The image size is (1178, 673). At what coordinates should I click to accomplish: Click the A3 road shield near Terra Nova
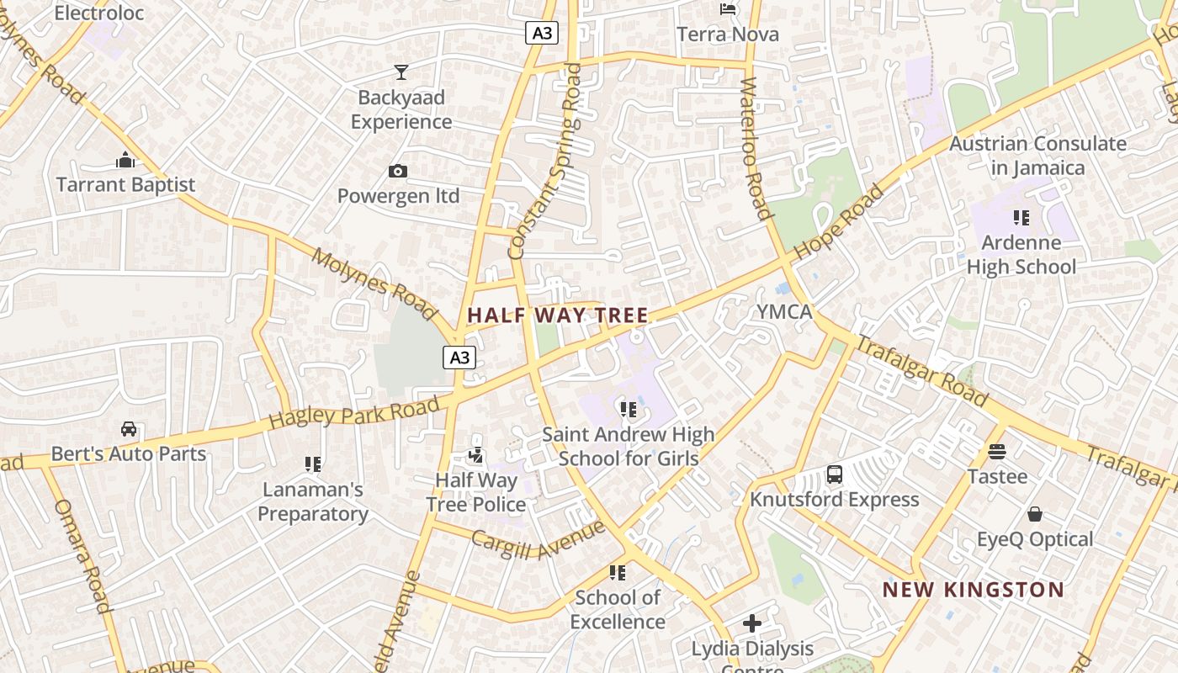(x=542, y=33)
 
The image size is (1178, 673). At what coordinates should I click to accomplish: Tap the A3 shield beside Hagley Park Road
(x=459, y=358)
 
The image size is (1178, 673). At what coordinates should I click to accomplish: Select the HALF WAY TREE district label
(x=558, y=315)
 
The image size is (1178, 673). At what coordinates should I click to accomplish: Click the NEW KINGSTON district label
(x=973, y=590)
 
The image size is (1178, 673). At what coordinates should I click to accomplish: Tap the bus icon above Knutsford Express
(x=835, y=474)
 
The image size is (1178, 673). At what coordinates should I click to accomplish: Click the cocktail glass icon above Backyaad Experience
(x=401, y=72)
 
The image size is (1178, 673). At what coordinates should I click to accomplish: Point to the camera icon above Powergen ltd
(x=398, y=172)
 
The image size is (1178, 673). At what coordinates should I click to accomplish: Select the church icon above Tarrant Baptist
(x=125, y=160)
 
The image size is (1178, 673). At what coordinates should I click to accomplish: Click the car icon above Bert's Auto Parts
(x=129, y=429)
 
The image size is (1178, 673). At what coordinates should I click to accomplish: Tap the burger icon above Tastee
(x=997, y=452)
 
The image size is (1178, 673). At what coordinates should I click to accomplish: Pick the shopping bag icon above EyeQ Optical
(x=1035, y=514)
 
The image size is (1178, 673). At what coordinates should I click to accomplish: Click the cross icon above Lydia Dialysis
(x=752, y=623)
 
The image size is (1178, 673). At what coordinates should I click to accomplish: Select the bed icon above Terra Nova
(x=729, y=9)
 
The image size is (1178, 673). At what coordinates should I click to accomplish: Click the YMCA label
(x=784, y=312)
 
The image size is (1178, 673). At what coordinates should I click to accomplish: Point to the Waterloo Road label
(x=755, y=149)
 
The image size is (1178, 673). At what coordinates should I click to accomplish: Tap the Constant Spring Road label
(x=545, y=160)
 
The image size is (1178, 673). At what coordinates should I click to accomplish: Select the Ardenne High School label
(x=1021, y=255)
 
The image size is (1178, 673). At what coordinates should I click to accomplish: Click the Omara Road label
(x=82, y=556)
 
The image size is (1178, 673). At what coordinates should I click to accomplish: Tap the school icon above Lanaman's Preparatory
(x=313, y=464)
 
